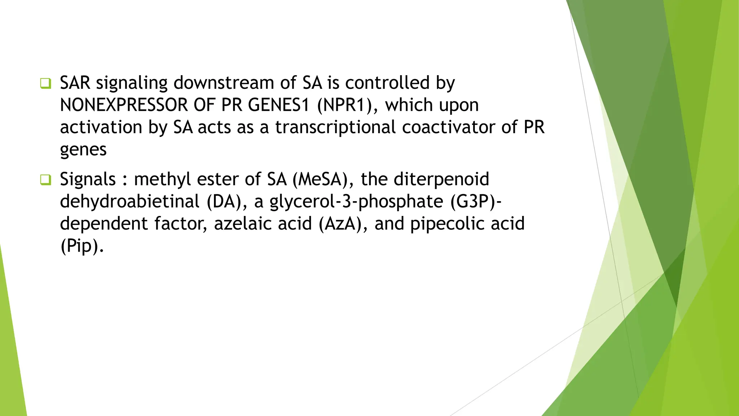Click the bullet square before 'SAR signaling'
point(45,84)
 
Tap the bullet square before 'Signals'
point(45,180)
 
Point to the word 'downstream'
point(224,83)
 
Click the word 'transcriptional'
point(336,127)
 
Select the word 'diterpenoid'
point(441,179)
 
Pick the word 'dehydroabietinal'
point(130,201)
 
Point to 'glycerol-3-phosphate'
point(356,201)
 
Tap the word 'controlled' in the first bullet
point(387,83)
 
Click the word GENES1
point(279,105)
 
